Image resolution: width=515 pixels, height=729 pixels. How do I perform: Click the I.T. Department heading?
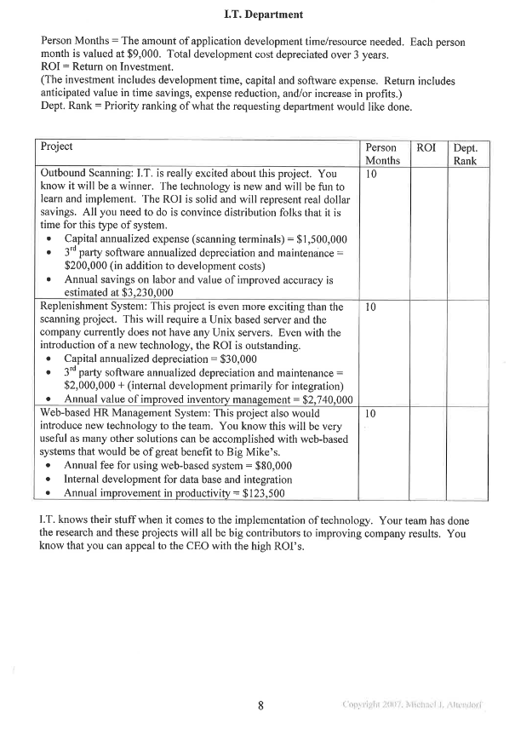tap(263, 14)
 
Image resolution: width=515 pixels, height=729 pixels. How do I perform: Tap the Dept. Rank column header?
tap(466, 154)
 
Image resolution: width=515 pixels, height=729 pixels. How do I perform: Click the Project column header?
tap(57, 146)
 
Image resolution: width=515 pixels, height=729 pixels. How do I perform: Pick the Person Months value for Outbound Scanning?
tap(370, 173)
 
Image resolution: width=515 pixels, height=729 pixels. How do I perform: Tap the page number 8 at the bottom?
tap(261, 704)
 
